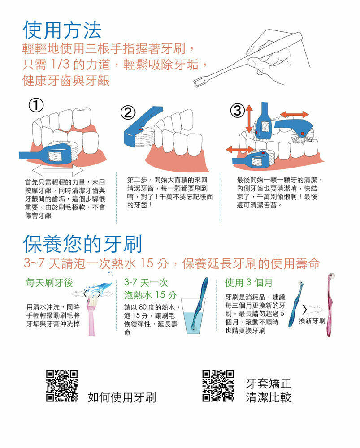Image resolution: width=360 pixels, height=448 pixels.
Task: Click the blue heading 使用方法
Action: pyautogui.click(x=62, y=30)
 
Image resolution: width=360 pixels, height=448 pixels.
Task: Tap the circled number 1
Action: pyautogui.click(x=36, y=105)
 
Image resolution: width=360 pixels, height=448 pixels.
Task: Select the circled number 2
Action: pyautogui.click(x=128, y=113)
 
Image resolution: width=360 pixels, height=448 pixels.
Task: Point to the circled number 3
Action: pyautogui.click(x=238, y=111)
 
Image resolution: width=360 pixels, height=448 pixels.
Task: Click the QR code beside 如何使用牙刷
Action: pyautogui.click(x=62, y=386)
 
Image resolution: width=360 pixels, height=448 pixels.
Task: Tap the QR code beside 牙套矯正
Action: pyautogui.click(x=218, y=386)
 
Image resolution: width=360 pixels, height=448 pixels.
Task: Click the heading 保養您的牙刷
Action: pyautogui.click(x=82, y=244)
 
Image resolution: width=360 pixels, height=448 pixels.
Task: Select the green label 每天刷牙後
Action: pyautogui.click(x=49, y=283)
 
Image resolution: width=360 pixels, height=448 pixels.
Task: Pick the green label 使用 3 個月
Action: pyautogui.click(x=248, y=283)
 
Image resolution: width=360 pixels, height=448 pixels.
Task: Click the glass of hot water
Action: pyautogui.click(x=193, y=316)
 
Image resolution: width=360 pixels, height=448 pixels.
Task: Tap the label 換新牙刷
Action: pyautogui.click(x=312, y=321)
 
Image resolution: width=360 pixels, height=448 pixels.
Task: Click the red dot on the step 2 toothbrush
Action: pyautogui.click(x=140, y=130)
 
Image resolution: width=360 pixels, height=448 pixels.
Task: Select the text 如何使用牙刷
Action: pyautogui.click(x=122, y=397)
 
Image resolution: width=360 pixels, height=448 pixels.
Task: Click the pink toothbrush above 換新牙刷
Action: pyautogui.click(x=330, y=305)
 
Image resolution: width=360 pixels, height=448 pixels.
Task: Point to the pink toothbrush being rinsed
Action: pyautogui.click(x=91, y=316)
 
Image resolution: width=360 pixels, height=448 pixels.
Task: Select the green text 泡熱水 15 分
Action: pyautogui.click(x=150, y=295)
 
